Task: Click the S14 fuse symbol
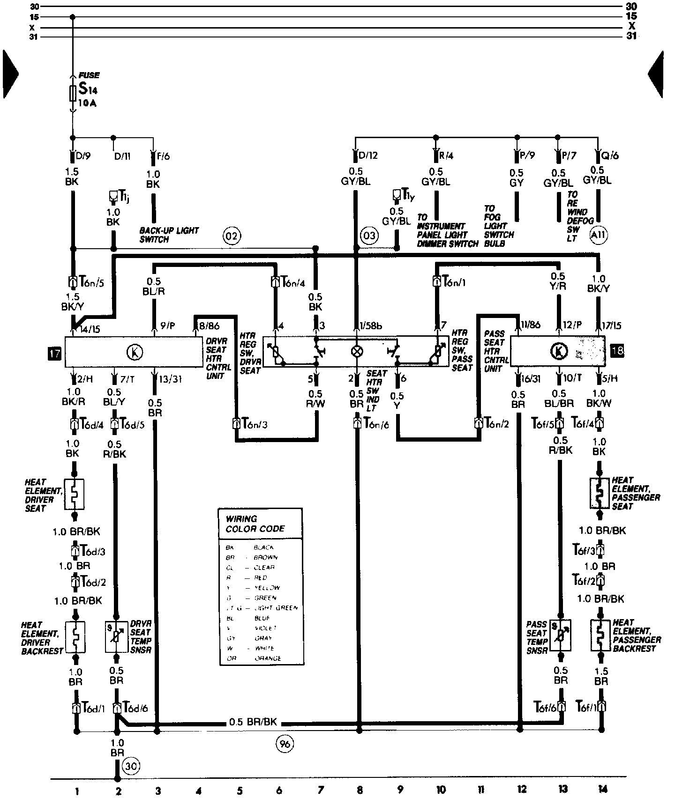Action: pos(73,93)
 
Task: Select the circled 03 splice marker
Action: pos(369,235)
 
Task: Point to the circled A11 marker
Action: pos(598,236)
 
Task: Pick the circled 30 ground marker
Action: pos(131,766)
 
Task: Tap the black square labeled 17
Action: pos(55,352)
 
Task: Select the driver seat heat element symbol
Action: pos(75,494)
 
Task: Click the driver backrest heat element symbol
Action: pos(75,637)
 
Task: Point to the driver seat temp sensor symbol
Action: pos(116,637)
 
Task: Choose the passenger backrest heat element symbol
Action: pos(600,636)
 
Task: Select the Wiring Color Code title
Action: pos(255,524)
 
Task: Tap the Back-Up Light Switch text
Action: pos(169,235)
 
